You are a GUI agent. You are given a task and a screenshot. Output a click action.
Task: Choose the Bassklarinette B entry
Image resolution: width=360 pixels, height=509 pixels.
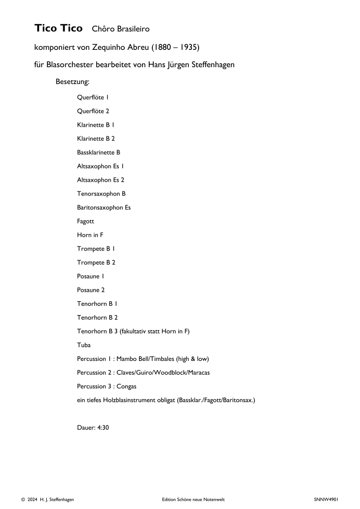coord(99,152)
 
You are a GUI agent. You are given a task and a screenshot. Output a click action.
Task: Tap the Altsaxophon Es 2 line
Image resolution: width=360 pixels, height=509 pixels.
coord(101,180)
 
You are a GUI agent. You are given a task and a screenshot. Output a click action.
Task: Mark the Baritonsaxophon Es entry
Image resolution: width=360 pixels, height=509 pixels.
coord(104,207)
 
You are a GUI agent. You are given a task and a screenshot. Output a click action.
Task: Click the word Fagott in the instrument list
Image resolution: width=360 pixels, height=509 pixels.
coord(86,221)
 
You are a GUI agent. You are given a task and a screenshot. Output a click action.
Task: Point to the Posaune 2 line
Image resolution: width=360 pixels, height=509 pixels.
coord(91,290)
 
